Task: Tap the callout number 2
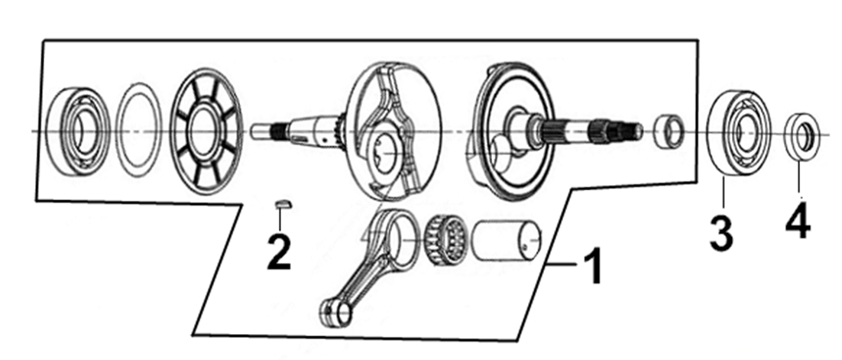click(279, 251)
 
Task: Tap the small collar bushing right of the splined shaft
click(669, 131)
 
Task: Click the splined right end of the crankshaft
click(617, 131)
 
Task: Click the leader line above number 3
click(723, 193)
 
